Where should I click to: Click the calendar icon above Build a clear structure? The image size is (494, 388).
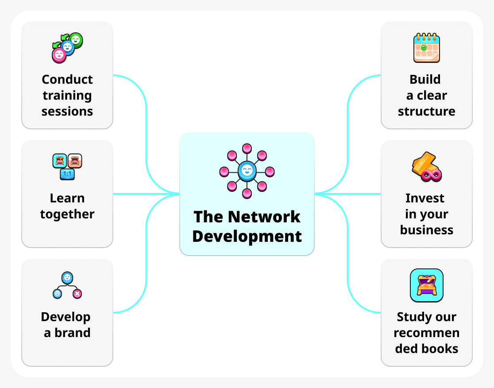426,48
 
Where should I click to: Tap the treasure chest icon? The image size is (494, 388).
426,286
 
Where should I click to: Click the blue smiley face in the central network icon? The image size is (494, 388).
247,171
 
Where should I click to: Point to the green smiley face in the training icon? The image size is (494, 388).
76,40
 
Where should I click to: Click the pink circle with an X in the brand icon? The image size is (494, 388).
77,293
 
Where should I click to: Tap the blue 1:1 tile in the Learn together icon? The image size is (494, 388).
67,174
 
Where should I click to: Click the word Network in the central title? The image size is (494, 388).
264,217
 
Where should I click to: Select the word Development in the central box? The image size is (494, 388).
247,236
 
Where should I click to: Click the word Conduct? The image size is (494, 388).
67,79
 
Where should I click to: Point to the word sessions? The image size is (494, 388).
67,111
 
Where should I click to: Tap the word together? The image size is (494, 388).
67,214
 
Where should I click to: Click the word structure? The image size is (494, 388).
426,111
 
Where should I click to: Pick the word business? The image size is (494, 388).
426,230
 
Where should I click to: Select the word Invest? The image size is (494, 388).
425,198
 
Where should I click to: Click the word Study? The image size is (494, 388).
411,317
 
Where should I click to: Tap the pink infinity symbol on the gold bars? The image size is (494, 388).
432,175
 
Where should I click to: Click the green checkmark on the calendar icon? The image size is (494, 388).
424,47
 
